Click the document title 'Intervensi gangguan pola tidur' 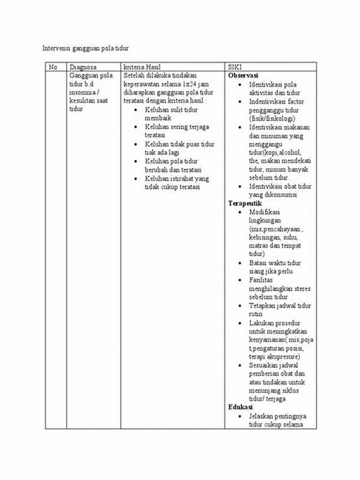86,47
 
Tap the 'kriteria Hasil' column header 142,67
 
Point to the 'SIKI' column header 235,67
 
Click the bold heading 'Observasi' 243,76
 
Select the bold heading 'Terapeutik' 245,203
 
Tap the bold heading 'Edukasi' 240,407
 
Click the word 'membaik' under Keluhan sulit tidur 158,119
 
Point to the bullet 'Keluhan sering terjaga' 174,127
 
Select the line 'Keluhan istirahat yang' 176,178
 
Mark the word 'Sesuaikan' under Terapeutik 265,365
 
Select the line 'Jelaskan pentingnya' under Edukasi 277,416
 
